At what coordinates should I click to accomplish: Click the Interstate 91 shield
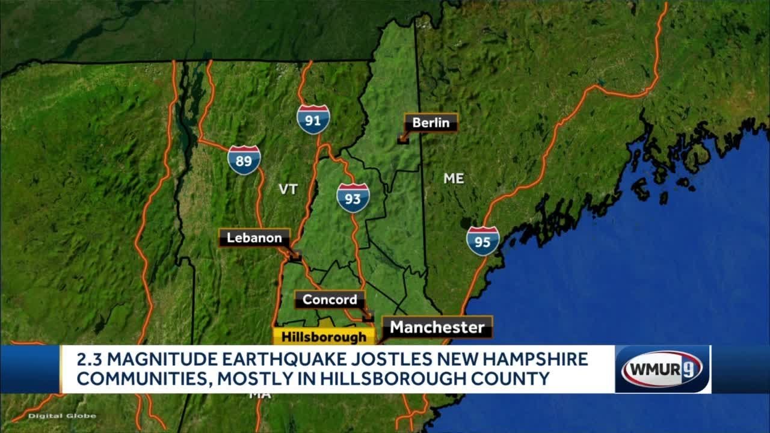tap(313, 119)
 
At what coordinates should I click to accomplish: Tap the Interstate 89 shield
tap(244, 159)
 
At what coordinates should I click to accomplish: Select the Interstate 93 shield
tap(353, 198)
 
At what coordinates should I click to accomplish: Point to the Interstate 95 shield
tap(482, 241)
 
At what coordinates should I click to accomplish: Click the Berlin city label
tap(431, 123)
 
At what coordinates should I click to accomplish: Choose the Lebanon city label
tap(254, 238)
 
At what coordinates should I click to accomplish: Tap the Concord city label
tap(330, 299)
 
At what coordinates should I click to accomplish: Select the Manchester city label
tap(437, 327)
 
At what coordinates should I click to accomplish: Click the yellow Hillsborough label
tap(324, 337)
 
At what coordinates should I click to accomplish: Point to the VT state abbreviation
tap(288, 189)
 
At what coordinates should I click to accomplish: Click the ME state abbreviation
tap(454, 178)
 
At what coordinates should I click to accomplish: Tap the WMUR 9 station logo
tap(662, 369)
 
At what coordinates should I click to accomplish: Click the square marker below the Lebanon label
tap(295, 257)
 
